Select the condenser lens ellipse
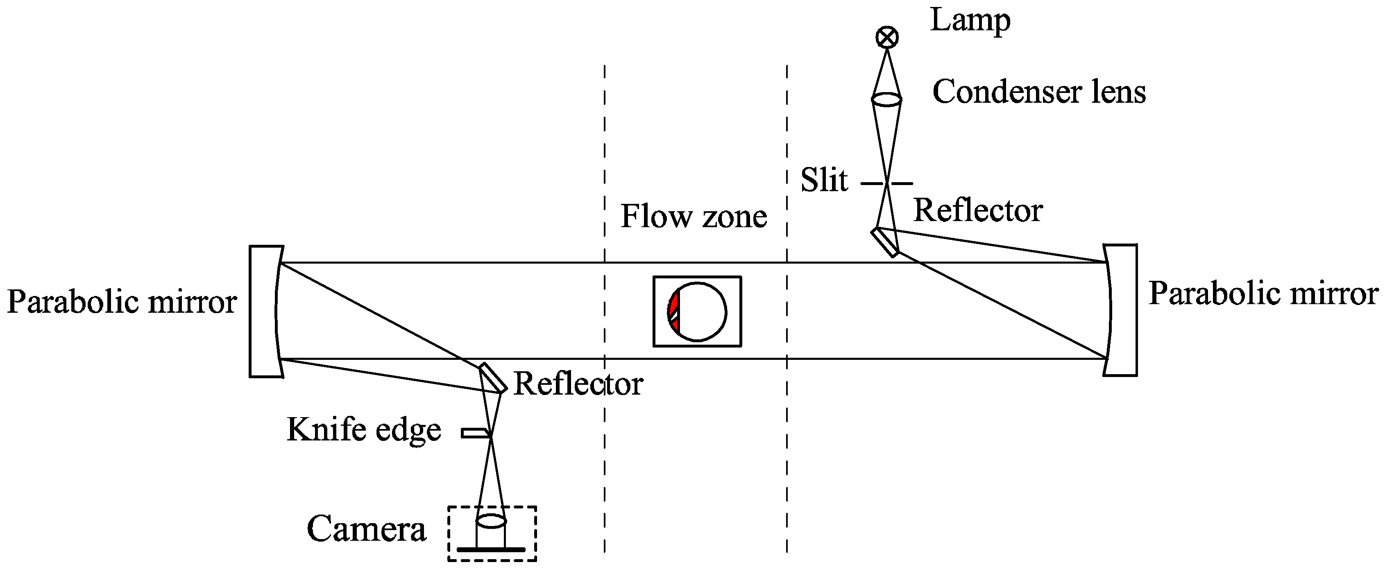[x=886, y=99]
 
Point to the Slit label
[x=824, y=180]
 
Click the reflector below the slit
[x=885, y=242]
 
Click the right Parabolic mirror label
[x=1263, y=294]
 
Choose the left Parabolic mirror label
[x=122, y=302]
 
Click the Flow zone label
[x=694, y=217]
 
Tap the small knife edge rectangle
[x=475, y=433]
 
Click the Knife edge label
[x=364, y=430]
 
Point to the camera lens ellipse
[x=491, y=521]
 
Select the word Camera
[x=367, y=529]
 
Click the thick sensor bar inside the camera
[x=491, y=549]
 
